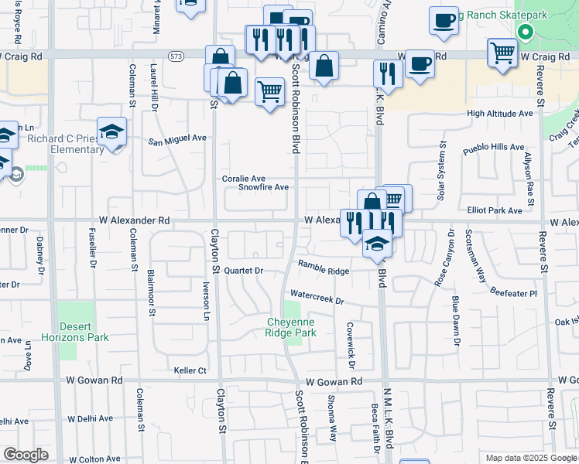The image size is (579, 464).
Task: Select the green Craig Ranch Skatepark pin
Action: click(526, 32)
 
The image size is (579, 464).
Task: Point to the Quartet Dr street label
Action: click(244, 271)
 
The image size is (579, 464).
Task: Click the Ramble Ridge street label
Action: click(324, 268)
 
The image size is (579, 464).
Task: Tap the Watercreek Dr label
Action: click(317, 296)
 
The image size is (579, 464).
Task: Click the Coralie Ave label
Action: click(244, 179)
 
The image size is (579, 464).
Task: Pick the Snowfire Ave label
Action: click(263, 187)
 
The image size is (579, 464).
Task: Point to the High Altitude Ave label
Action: click(500, 113)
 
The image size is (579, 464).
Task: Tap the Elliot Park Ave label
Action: click(495, 210)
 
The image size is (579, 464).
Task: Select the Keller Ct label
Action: click(190, 370)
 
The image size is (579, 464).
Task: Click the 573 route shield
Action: click(177, 56)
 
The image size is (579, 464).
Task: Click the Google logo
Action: click(26, 454)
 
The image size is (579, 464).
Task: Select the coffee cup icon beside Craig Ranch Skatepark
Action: click(444, 21)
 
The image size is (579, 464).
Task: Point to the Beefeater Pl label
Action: click(513, 293)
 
